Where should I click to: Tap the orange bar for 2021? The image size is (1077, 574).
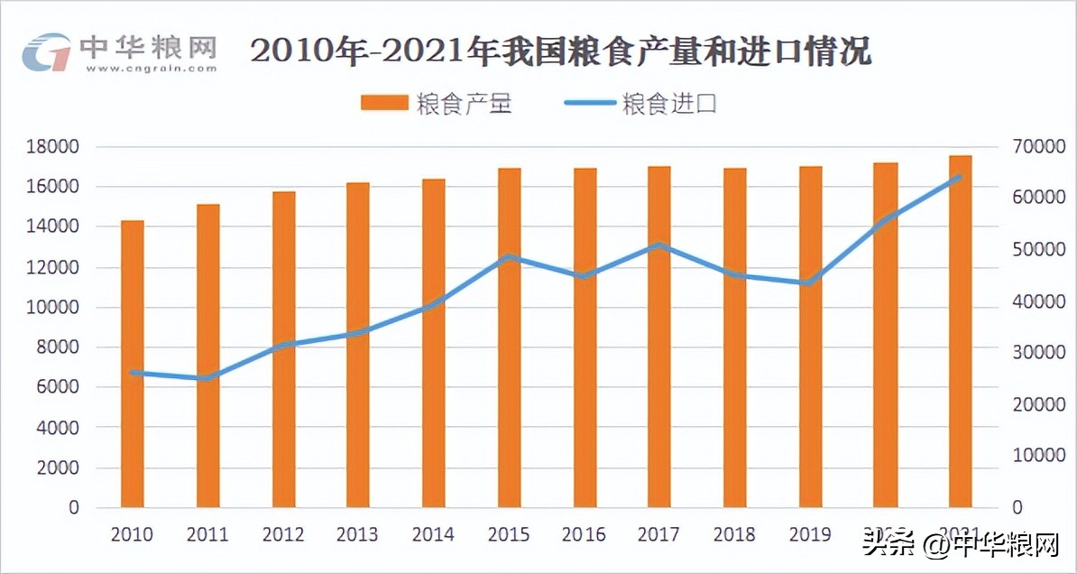(960, 330)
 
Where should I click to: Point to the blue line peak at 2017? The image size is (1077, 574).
(659, 245)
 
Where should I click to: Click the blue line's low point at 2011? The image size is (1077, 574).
(207, 378)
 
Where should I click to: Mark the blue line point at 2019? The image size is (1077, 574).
(809, 282)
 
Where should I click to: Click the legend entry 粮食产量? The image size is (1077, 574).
(437, 104)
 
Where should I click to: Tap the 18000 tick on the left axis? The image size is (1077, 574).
(56, 147)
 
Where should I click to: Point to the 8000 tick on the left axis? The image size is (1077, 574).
(60, 347)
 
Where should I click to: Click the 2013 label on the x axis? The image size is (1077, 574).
(357, 534)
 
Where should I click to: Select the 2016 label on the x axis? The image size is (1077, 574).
(584, 534)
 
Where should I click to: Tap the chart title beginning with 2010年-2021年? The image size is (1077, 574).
(560, 51)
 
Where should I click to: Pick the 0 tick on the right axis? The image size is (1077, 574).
(1017, 507)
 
